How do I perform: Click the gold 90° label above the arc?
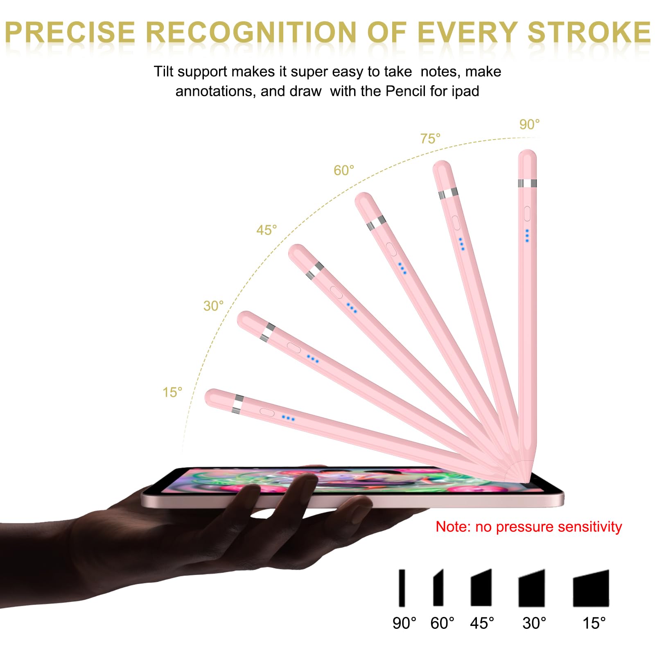[x=529, y=124]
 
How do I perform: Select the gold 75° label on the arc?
[x=430, y=139]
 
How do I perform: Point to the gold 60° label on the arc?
[x=344, y=170]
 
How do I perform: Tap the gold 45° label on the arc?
[x=267, y=230]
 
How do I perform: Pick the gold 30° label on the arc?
[x=213, y=306]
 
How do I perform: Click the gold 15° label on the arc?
[x=172, y=392]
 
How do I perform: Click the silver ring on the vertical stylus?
[x=527, y=183]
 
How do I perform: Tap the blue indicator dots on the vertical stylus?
[x=527, y=235]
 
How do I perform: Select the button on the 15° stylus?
[x=267, y=412]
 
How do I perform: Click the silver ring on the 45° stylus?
[x=315, y=271]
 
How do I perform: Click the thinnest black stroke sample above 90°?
[x=402, y=587]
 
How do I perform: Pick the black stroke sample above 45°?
[x=481, y=587]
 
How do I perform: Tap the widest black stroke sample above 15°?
[x=591, y=588]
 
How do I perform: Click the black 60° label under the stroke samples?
[x=442, y=623]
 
